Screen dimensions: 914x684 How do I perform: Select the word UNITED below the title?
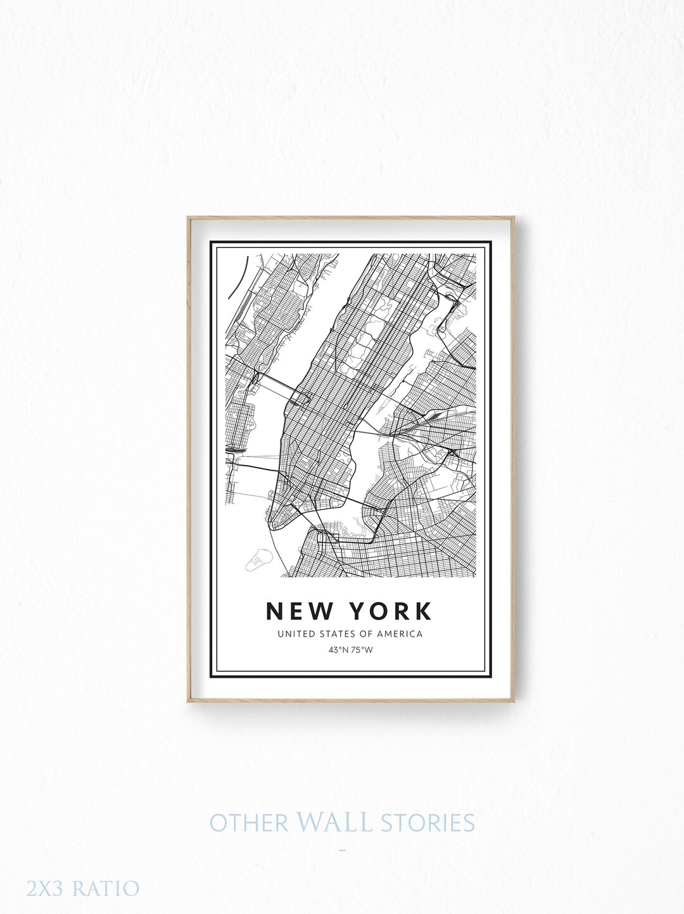294,633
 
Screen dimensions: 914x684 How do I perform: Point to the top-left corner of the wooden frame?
187,218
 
